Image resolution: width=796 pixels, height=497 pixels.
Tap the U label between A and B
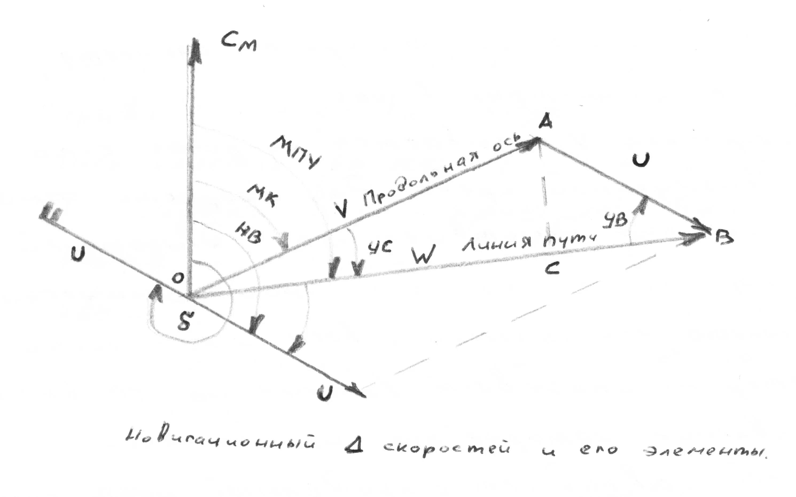click(x=640, y=160)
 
